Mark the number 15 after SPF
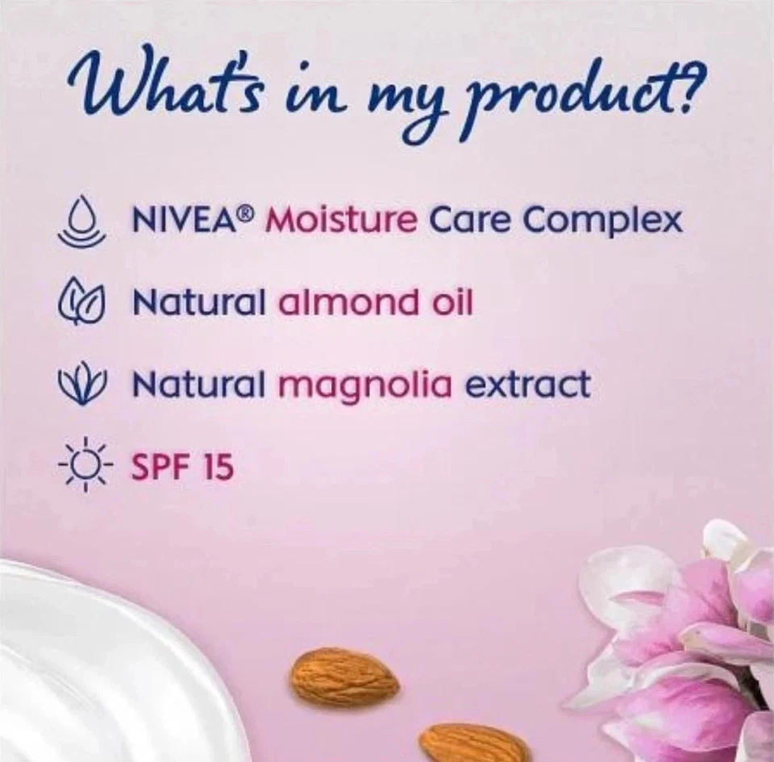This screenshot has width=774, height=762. (215, 466)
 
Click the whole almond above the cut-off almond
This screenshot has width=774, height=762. (343, 677)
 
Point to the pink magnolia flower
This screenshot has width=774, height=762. (685, 645)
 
